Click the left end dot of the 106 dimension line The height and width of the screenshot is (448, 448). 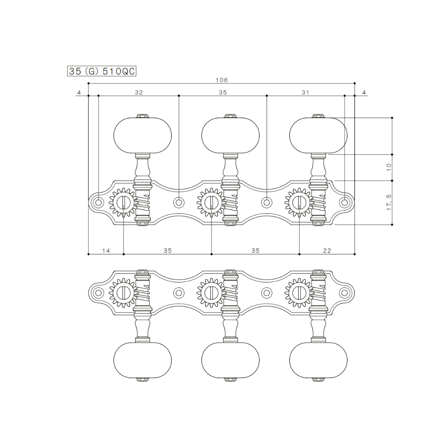[89, 83]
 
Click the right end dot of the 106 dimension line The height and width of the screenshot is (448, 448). [355, 83]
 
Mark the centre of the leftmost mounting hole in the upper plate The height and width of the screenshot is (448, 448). [98, 202]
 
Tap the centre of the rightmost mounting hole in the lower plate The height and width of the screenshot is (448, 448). [345, 293]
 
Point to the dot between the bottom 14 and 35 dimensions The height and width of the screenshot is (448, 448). [124, 254]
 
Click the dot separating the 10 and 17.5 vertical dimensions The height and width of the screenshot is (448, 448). [392, 181]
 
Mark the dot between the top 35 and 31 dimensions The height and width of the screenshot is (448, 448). [267, 96]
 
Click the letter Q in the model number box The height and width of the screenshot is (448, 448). [126, 71]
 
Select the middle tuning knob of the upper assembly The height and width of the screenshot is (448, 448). [231, 135]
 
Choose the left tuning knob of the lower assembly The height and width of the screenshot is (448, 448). [143, 360]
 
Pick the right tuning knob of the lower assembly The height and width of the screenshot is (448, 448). [318, 360]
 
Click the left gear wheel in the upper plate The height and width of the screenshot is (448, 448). [123, 202]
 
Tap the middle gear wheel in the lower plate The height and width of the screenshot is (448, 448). [211, 293]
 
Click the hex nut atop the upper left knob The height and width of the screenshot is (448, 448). [143, 116]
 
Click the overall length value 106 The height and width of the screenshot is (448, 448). [222, 80]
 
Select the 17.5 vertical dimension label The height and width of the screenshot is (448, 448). [389, 202]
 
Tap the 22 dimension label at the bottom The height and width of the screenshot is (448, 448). [327, 251]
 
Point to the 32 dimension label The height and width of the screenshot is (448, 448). [139, 92]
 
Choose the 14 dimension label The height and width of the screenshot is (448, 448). [106, 251]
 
